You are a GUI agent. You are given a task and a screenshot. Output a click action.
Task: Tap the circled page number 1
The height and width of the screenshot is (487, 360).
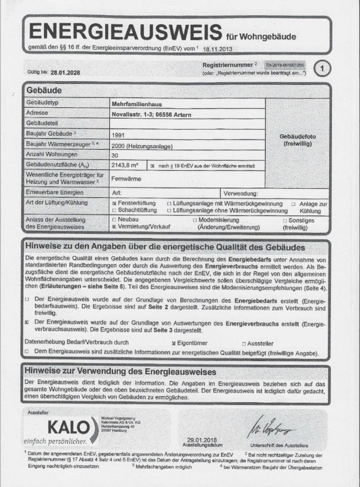click(322, 68)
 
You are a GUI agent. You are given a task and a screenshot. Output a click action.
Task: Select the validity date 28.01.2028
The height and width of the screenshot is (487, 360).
click(65, 72)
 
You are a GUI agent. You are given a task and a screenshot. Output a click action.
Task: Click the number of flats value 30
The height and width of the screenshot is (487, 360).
click(114, 155)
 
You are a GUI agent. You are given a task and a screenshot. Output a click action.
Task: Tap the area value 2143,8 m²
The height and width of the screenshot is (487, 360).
click(125, 165)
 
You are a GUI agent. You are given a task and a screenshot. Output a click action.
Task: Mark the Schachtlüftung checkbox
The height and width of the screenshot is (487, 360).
click(114, 210)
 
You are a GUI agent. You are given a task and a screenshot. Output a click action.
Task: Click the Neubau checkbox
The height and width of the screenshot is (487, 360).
click(114, 221)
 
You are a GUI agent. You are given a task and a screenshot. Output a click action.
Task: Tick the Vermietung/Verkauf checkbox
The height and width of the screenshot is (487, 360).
click(114, 228)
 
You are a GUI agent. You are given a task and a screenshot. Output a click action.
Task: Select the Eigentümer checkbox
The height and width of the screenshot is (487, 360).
click(174, 343)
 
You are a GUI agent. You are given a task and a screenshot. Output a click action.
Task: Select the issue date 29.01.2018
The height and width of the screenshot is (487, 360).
click(201, 439)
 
